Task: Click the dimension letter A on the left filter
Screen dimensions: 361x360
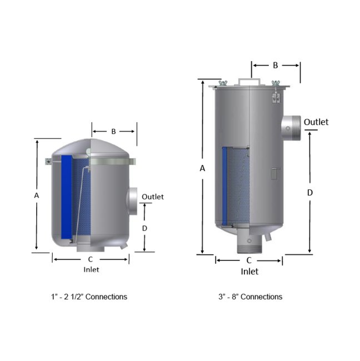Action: [37, 195]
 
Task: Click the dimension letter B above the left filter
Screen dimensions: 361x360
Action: [113, 132]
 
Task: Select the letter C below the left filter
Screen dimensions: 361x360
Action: [91, 259]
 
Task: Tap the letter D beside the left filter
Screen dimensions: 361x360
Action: [144, 228]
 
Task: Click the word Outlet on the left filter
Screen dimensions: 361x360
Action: [153, 197]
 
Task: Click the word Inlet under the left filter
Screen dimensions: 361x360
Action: [91, 270]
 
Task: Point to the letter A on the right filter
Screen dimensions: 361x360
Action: [203, 168]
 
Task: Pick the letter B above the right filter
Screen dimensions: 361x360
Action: [275, 65]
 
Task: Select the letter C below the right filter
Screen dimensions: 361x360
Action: [249, 260]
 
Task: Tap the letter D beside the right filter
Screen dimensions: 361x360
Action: [310, 192]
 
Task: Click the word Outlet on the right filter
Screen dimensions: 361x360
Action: [316, 122]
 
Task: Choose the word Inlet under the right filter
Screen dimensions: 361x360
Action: [249, 272]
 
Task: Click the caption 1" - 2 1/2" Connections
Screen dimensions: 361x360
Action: [89, 297]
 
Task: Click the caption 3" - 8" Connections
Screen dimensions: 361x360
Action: [250, 297]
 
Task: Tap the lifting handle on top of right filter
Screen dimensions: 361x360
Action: [249, 81]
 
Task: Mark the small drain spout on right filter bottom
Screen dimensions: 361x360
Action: [269, 236]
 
